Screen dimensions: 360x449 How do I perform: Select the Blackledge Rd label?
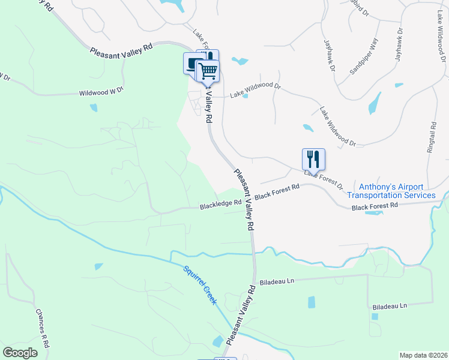click(x=220, y=205)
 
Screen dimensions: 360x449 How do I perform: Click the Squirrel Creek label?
click(x=200, y=284)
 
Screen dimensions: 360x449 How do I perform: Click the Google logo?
click(x=20, y=352)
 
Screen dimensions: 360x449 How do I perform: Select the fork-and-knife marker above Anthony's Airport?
click(x=313, y=158)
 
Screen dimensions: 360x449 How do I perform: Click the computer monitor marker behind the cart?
click(x=192, y=63)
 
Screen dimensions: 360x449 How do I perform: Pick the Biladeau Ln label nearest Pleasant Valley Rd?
click(x=277, y=281)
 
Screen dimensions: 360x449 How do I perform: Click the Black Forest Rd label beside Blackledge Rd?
click(x=277, y=193)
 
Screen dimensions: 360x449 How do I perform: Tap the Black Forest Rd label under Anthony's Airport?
click(x=375, y=206)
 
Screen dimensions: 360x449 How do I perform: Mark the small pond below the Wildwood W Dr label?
click(x=93, y=108)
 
